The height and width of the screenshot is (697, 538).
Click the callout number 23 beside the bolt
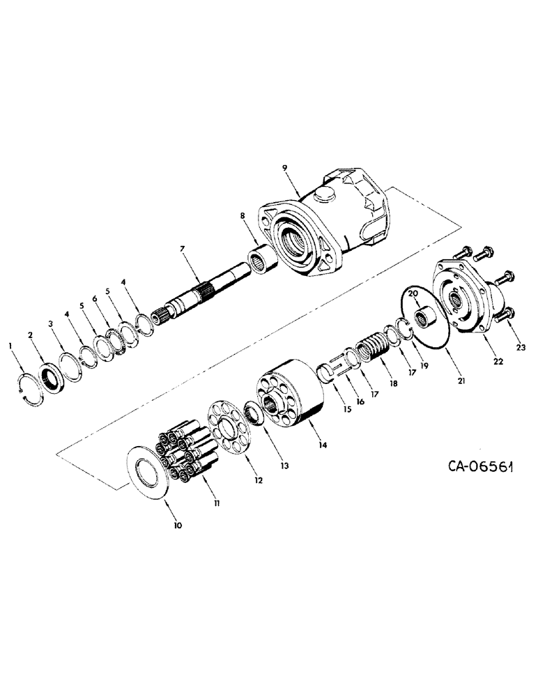518,346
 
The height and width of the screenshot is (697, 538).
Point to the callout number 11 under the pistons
217,503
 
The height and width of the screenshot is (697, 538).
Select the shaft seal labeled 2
52,380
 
